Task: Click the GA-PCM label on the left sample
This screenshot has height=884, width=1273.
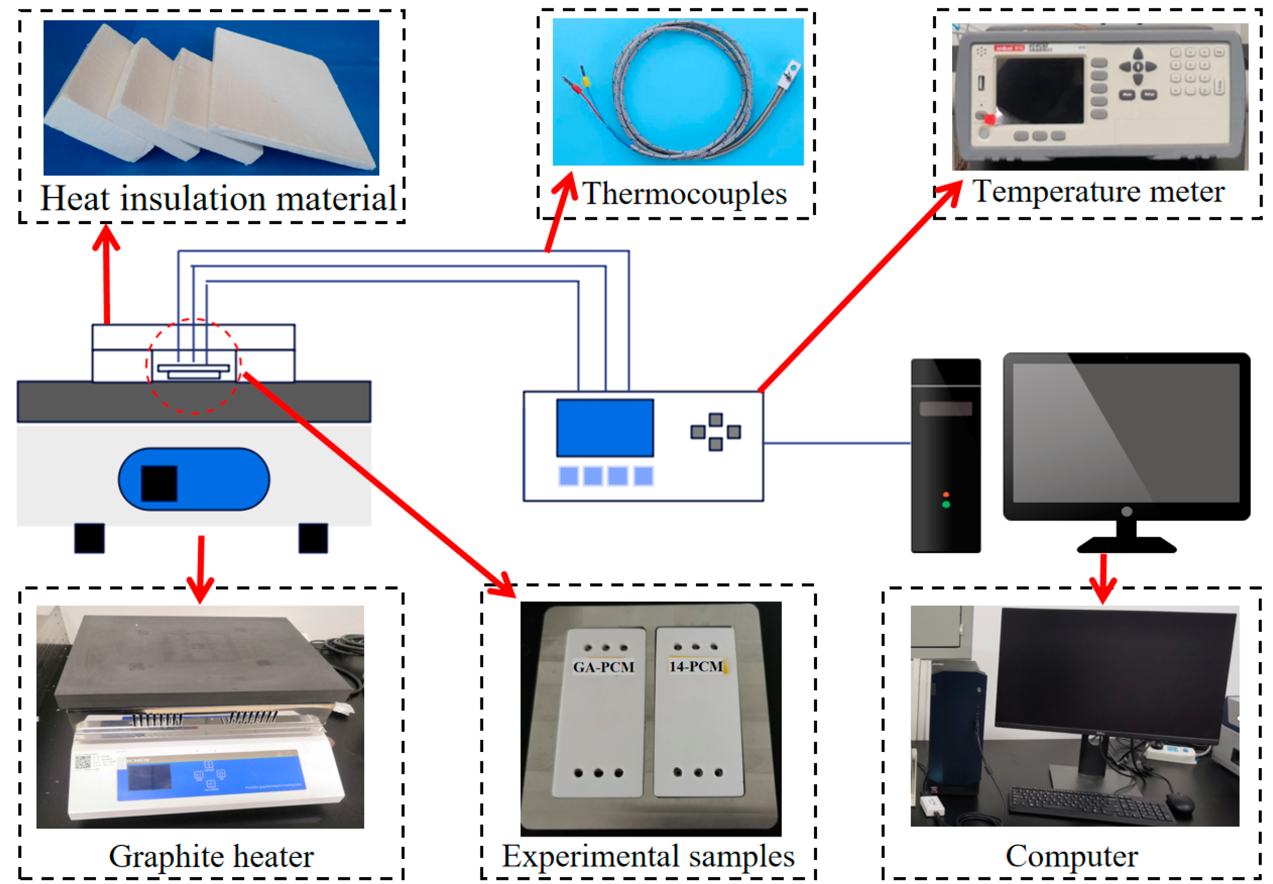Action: (603, 667)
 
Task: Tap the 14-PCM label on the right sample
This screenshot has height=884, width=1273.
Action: (696, 666)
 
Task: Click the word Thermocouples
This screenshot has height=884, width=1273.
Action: (684, 193)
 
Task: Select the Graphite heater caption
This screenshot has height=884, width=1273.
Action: (211, 856)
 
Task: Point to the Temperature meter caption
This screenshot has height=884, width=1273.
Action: (1098, 192)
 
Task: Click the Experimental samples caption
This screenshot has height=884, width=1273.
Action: (648, 856)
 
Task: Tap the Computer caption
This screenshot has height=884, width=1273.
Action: (1071, 856)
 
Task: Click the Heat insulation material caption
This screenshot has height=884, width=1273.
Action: (219, 198)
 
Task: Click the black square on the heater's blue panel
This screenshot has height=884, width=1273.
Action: (159, 484)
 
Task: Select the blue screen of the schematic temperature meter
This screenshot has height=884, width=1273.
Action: (605, 428)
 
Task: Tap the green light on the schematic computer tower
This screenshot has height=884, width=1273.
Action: (946, 504)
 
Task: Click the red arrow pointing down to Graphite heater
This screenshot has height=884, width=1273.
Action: (200, 571)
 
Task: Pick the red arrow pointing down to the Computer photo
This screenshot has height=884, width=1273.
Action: (1102, 579)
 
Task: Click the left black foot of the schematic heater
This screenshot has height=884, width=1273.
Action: (89, 538)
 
